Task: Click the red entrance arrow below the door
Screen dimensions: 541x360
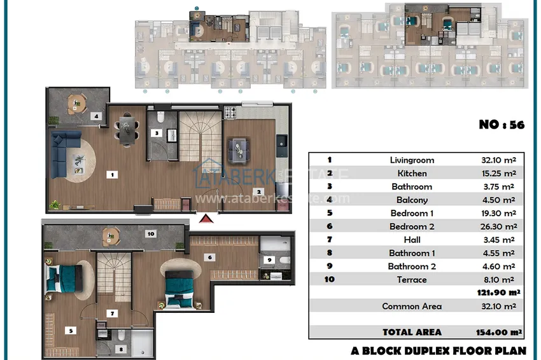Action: coord(206,219)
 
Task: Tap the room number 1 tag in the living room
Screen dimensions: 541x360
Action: coord(112,174)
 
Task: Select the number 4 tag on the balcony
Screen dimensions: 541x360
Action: coord(96,116)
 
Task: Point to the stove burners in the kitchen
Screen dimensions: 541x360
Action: coord(230,113)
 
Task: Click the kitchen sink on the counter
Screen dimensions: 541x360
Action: coord(281,141)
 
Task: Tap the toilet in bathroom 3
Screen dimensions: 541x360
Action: coord(160,117)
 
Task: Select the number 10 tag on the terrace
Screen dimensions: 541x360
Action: coord(151,234)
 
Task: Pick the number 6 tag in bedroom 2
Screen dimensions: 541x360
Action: coord(210,257)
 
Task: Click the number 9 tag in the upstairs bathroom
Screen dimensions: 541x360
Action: coord(269,260)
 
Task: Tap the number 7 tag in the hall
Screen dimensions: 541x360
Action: coord(112,314)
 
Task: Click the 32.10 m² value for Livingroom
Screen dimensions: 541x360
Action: coord(498,160)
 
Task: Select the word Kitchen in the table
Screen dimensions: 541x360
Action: coord(412,173)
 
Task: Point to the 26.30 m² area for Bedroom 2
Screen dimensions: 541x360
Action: coord(498,226)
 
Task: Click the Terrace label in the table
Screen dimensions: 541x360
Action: coord(412,280)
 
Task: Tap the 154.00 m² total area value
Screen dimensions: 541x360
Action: coord(498,333)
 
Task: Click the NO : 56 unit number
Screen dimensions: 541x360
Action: coord(502,125)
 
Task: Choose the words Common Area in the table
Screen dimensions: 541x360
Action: coord(412,306)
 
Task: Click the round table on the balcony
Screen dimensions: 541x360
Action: coord(76,104)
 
